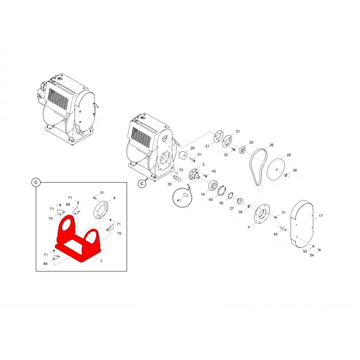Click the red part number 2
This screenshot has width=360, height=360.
(x=101, y=261)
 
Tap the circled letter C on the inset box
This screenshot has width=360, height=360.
(x=36, y=183)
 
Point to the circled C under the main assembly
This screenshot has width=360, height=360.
(x=142, y=184)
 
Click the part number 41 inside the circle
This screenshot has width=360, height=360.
(x=179, y=201)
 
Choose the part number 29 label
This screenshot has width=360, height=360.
(x=192, y=148)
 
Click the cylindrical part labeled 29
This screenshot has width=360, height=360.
(x=183, y=155)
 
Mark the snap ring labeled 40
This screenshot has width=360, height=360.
(x=222, y=191)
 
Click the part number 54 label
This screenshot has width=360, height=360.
(x=312, y=255)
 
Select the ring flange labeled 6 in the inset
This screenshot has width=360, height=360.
(x=101, y=211)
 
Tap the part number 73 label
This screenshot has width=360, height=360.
(x=181, y=170)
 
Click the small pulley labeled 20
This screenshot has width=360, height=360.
(x=242, y=150)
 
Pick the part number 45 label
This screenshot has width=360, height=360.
(x=276, y=234)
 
